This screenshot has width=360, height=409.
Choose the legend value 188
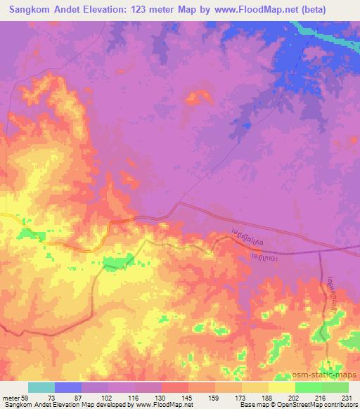click(268, 398)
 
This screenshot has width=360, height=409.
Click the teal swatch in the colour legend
click(41, 387)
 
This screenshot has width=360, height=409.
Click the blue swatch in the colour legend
click(68, 387)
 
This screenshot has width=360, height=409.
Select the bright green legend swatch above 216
click(308, 387)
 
